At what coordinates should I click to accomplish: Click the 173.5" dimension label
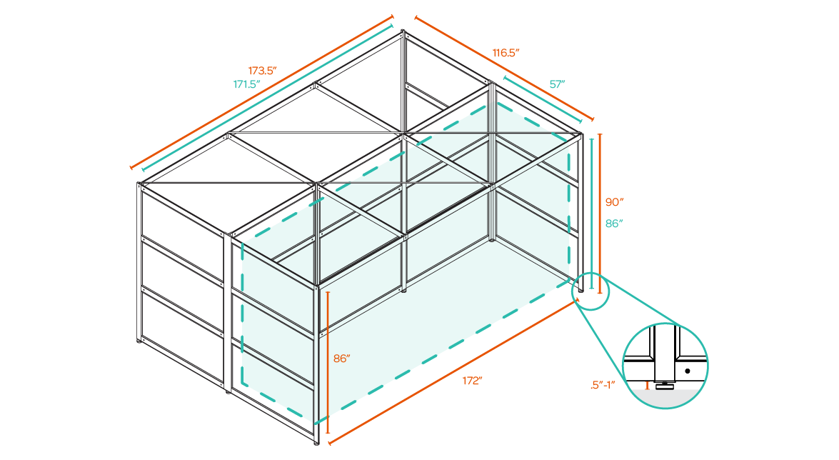262,71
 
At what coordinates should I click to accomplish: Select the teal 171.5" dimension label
247,84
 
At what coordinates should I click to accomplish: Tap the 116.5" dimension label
506,53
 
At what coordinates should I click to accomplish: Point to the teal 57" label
557,84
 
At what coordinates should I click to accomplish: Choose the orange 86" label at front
341,359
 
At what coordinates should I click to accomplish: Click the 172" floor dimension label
472,381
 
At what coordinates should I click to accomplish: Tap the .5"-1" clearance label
605,386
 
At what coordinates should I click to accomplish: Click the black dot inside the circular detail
687,371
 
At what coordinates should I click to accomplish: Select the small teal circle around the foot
591,289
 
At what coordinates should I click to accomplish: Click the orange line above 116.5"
503,69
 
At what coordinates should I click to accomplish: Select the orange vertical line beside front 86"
328,361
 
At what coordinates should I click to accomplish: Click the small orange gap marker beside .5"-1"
647,386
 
